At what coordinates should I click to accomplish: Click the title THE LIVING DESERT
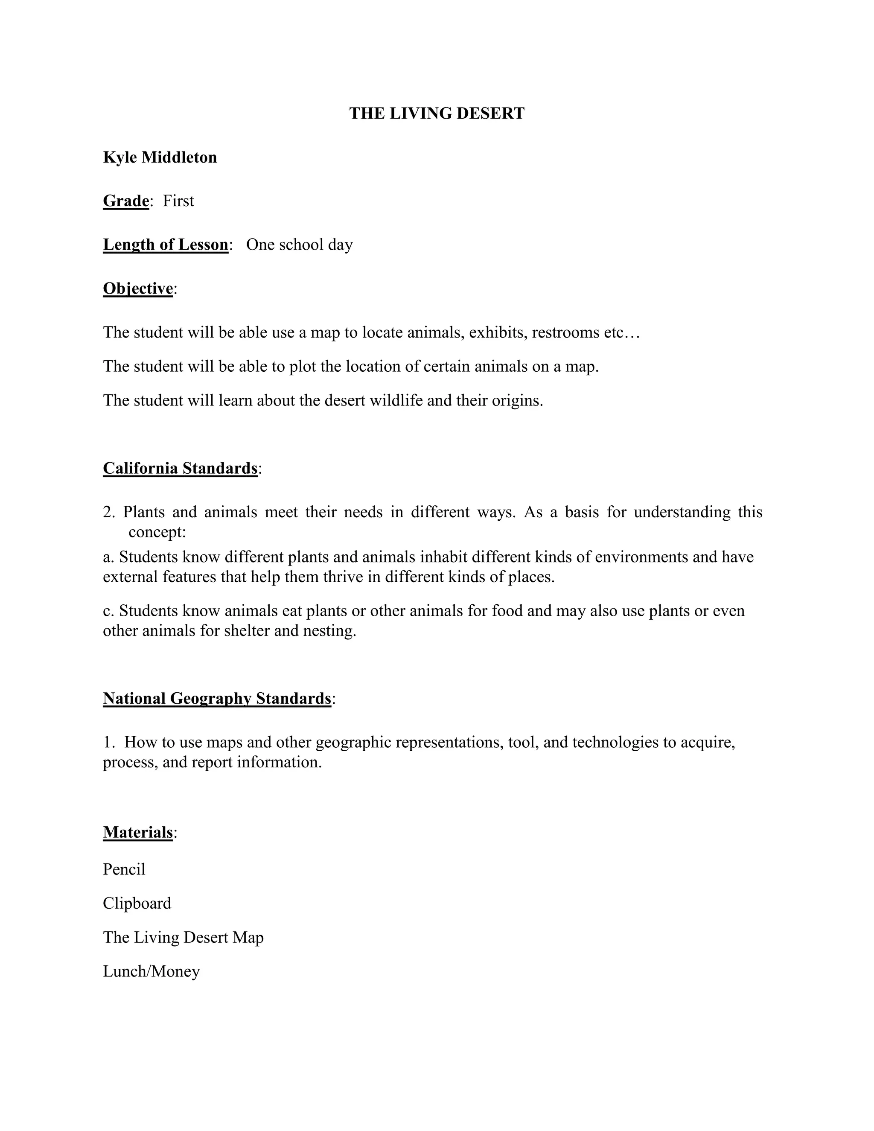tap(437, 114)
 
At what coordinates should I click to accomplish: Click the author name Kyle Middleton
tap(160, 157)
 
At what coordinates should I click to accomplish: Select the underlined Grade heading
tap(126, 201)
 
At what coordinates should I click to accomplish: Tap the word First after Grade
tap(178, 201)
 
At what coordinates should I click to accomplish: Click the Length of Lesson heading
tap(166, 245)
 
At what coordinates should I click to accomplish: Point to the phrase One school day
tap(299, 245)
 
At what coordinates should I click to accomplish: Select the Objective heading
tap(138, 289)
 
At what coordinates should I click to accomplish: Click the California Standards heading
tap(180, 468)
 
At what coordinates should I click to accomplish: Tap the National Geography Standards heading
tap(217, 699)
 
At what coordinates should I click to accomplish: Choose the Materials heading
tap(138, 832)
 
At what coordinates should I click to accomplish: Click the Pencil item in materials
tap(124, 869)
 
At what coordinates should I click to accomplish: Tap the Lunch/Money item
tap(151, 971)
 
